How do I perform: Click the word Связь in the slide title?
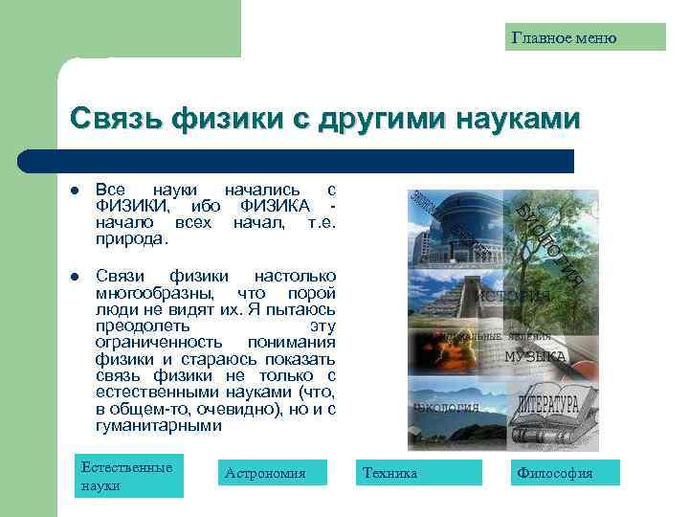(x=116, y=119)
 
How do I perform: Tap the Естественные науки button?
(x=129, y=476)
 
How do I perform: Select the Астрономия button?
(x=272, y=473)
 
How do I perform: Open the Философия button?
(x=566, y=473)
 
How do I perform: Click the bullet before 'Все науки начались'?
(x=75, y=191)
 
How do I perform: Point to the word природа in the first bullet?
(x=130, y=237)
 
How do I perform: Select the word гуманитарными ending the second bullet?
(x=159, y=425)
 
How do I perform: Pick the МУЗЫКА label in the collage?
(x=535, y=357)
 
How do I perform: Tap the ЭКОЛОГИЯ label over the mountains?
(x=446, y=406)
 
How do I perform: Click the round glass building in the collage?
(x=450, y=225)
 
